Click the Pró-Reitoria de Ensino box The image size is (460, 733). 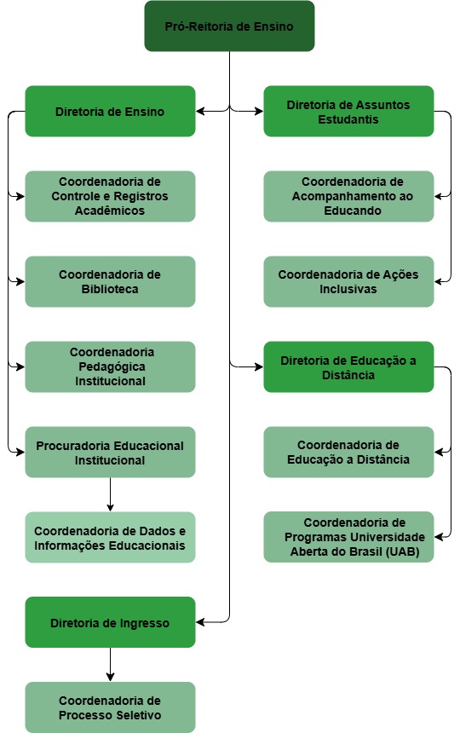(229, 26)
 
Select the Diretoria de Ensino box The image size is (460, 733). (110, 112)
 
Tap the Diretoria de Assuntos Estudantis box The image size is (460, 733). (348, 112)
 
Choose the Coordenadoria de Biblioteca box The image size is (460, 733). (110, 282)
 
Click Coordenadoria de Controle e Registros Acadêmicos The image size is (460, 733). (110, 197)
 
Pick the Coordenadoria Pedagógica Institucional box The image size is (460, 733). (110, 367)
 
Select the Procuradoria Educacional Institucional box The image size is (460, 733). (110, 453)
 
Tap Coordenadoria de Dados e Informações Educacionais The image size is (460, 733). (110, 538)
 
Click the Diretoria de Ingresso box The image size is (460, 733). (110, 623)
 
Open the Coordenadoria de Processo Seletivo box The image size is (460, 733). (110, 708)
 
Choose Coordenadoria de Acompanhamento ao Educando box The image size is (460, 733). (348, 197)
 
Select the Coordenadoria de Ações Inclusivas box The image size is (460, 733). (348, 282)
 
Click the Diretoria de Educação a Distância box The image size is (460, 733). (348, 367)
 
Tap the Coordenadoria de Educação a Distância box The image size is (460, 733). (348, 453)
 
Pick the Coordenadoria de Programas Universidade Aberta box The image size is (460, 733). (348, 538)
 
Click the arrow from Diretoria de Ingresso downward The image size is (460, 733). (110, 665)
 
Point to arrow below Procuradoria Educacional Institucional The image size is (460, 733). (110, 494)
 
